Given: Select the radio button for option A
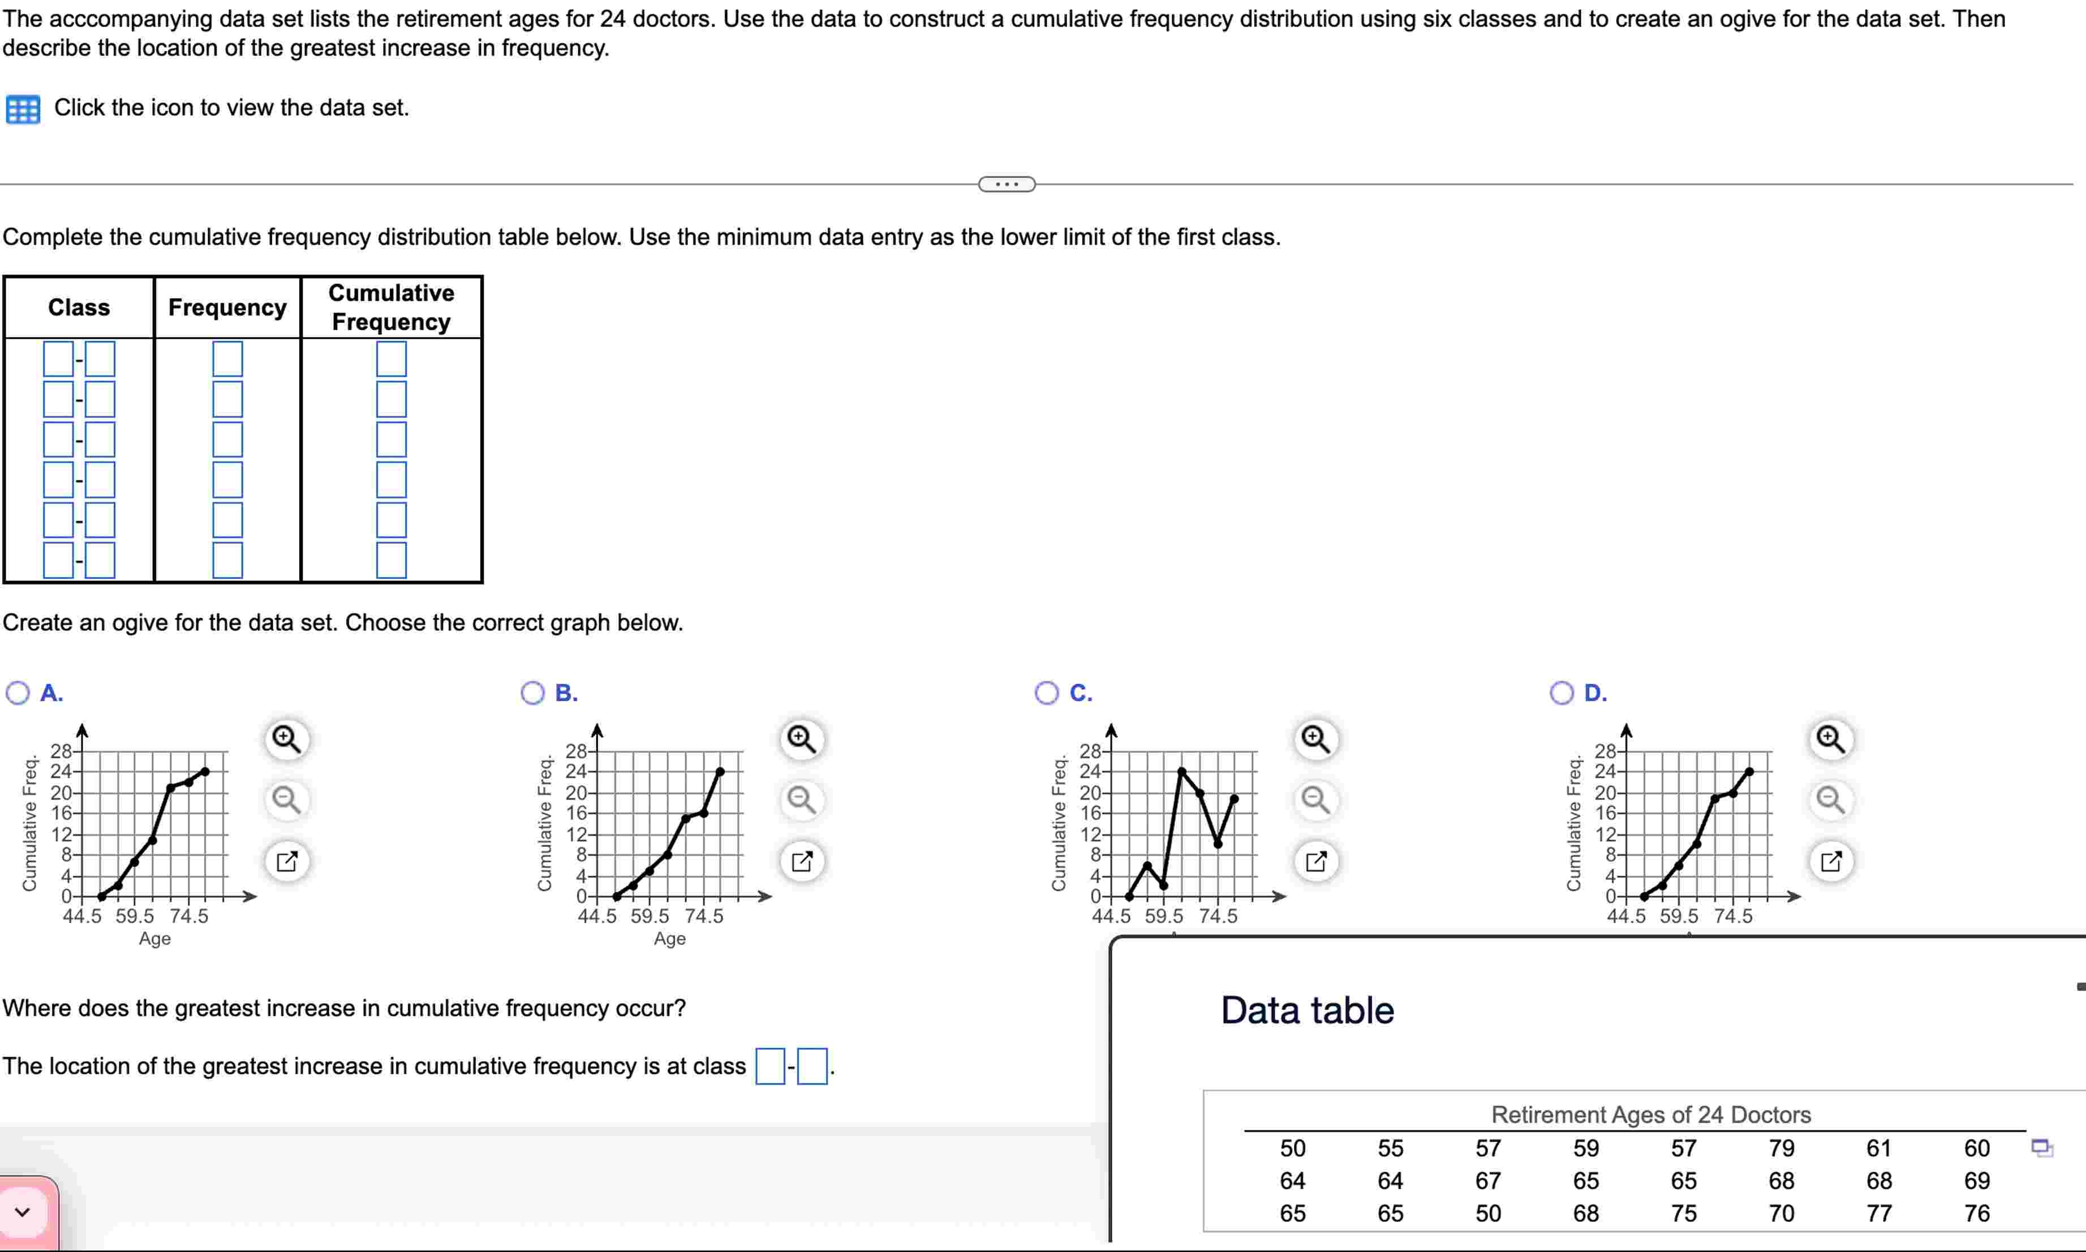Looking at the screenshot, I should [17, 694].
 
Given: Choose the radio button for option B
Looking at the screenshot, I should [532, 694].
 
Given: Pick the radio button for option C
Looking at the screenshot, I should [1047, 694].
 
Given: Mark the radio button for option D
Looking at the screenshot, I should [1562, 694].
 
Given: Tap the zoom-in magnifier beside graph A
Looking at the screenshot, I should [287, 739].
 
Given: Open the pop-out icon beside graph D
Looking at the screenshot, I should [1831, 862].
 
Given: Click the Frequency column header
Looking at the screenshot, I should [227, 307].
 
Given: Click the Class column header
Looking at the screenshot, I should [79, 307].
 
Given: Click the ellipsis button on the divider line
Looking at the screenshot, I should [1007, 184].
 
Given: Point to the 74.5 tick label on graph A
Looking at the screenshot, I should [188, 916].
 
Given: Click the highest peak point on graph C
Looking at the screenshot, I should [1181, 771].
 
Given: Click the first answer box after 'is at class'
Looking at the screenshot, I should [769, 1066].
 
